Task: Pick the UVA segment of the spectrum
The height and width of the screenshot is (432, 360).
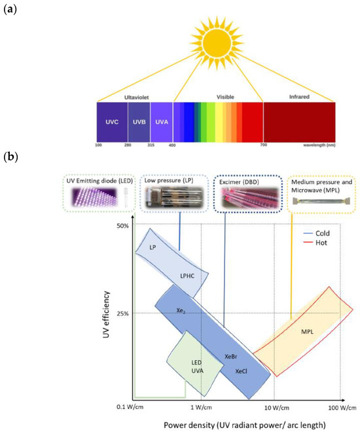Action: point(161,122)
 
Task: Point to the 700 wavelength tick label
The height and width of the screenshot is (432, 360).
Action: point(262,145)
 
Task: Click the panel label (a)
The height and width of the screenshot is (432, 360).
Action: point(10,9)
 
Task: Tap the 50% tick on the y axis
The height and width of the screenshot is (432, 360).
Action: point(122,226)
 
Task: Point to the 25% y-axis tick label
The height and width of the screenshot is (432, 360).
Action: point(122,313)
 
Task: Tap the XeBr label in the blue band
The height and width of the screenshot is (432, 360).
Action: point(230,356)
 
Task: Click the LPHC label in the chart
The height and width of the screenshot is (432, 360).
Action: point(190,277)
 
